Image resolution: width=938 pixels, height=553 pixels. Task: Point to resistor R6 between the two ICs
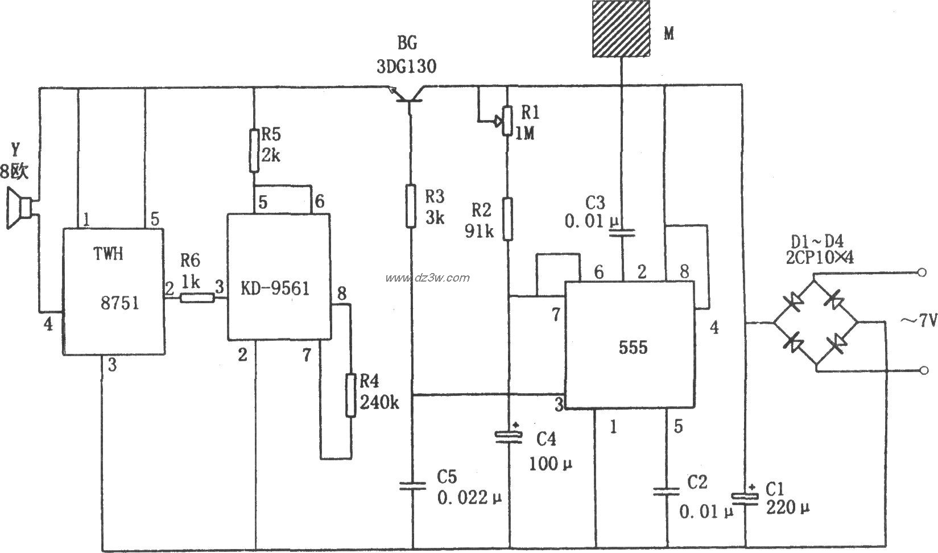[x=197, y=297]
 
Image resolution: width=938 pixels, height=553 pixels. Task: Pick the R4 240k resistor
[x=351, y=394]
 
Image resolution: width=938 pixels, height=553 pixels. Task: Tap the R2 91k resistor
[x=508, y=218]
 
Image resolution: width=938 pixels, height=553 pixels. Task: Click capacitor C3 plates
[x=623, y=232]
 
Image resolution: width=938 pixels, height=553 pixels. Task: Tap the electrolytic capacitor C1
[x=745, y=497]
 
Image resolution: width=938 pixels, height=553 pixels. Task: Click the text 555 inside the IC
[x=633, y=347]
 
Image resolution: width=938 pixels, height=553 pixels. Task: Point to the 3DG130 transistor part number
[x=406, y=67]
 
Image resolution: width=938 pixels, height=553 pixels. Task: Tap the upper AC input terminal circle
[x=922, y=273]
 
